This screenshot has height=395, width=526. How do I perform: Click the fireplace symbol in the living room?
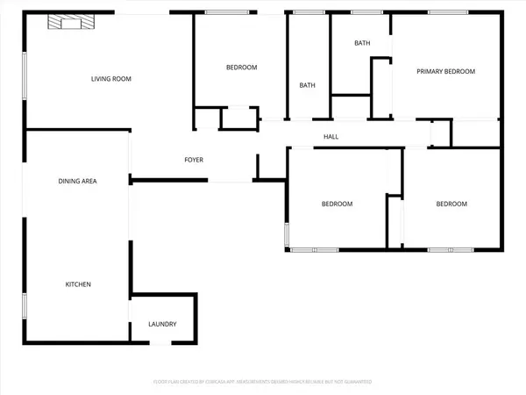click(68, 22)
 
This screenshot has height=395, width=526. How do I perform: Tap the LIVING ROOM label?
click(111, 79)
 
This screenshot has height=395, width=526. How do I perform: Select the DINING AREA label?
click(77, 181)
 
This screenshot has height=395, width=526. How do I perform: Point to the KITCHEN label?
click(77, 284)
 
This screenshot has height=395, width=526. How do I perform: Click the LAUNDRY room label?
click(162, 324)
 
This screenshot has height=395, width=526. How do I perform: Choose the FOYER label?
click(194, 160)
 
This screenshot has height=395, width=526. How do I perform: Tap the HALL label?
click(331, 136)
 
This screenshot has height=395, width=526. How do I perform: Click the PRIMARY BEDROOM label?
click(446, 72)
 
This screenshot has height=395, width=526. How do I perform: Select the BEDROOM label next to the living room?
click(241, 68)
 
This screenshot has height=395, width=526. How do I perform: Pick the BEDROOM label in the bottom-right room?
click(451, 204)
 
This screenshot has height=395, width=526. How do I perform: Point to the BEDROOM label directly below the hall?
click(337, 204)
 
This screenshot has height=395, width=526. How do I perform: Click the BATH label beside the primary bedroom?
click(362, 43)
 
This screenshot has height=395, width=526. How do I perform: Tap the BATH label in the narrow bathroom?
click(307, 85)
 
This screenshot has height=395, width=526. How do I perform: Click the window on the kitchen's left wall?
click(25, 305)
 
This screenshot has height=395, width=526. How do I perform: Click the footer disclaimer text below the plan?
click(263, 383)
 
